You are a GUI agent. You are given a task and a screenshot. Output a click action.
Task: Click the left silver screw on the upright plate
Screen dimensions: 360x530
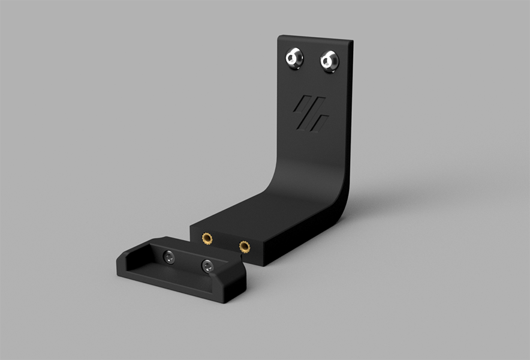pos(294,58)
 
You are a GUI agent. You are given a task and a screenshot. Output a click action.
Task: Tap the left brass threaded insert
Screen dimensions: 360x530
pos(207,239)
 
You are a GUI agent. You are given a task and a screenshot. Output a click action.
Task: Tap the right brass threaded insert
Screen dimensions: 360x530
pos(244,246)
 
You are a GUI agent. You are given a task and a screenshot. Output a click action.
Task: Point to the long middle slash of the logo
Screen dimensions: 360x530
pos(310,114)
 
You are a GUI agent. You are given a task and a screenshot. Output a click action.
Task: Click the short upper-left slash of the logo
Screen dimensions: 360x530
pos(299,104)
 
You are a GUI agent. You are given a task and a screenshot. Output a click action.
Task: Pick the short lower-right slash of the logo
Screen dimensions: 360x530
pos(321,124)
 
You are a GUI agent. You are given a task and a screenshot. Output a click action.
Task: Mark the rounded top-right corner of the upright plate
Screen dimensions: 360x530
pos(350,43)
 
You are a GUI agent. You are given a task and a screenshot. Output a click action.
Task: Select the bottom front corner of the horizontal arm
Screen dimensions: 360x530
pos(262,263)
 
